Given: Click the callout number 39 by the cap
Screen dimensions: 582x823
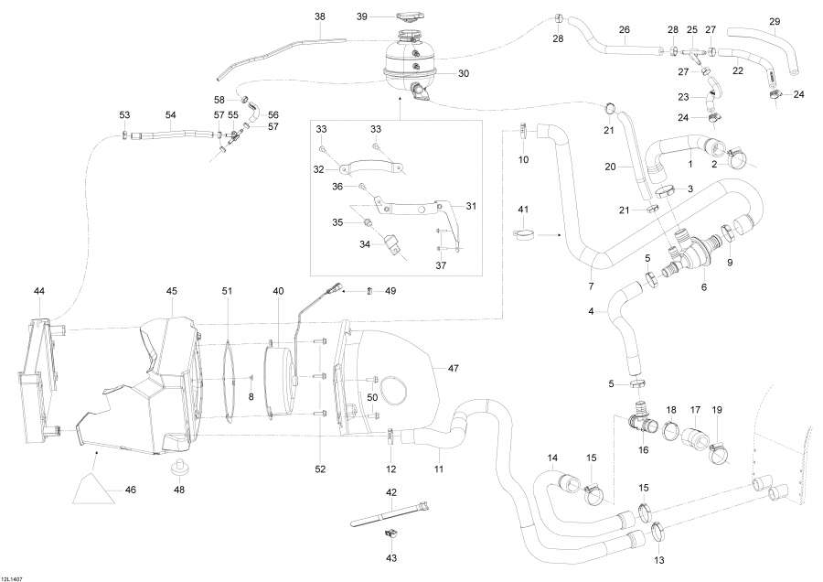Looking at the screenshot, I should (362, 16).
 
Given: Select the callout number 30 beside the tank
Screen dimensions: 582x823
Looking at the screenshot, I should (463, 73).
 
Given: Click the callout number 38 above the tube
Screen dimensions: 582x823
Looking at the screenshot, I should (319, 16).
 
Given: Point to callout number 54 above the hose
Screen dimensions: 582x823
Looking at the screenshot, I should (170, 114).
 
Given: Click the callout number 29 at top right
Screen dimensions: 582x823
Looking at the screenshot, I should (775, 21).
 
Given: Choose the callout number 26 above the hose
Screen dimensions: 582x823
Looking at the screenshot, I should (625, 29).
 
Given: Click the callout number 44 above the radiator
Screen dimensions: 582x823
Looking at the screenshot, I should (39, 290).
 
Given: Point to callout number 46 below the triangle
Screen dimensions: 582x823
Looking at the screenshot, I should (130, 490).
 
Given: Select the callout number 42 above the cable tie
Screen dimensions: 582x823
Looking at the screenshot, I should (390, 492).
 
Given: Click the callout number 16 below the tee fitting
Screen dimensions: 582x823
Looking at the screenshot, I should (643, 451).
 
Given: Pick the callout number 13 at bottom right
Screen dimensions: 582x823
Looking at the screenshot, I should (657, 559).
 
